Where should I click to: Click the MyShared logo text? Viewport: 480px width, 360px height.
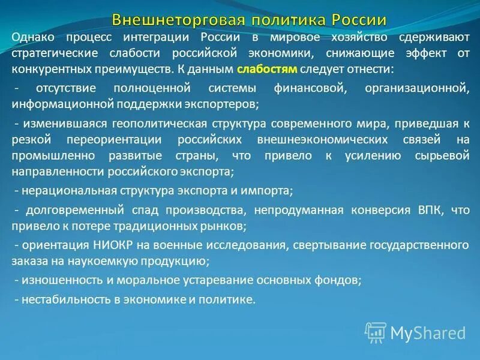point(428,332)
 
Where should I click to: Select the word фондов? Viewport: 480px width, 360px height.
point(343,280)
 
